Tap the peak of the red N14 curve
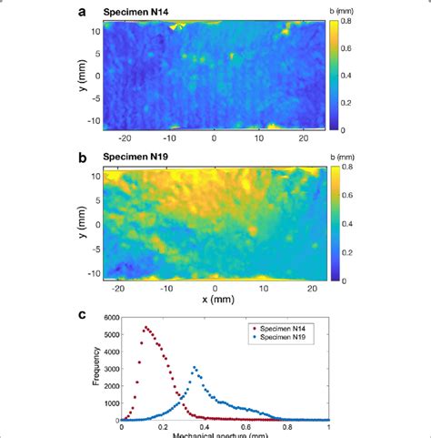click(145, 327)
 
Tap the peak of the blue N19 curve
click(194, 367)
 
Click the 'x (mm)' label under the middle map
click(215, 300)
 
